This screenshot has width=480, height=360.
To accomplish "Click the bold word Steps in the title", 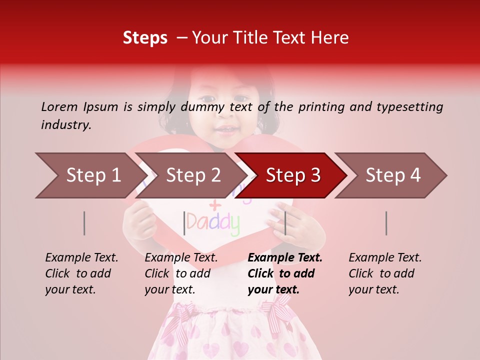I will coord(145,38).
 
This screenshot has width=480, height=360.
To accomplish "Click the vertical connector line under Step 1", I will coord(84,223).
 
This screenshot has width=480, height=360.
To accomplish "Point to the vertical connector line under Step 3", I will coord(285,223).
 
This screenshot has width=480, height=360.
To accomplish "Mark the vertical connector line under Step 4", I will coord(386,223).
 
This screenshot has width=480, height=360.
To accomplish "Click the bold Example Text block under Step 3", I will coord(285,273).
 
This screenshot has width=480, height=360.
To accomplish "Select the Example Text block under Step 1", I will coord(81,273).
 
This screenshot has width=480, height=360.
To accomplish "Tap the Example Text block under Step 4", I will coord(385,273).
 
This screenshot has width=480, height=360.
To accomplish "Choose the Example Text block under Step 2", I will coord(181,273).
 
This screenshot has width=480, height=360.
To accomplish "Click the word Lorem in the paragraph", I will coord(59,106).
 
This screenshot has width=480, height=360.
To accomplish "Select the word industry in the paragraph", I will coord(65,125).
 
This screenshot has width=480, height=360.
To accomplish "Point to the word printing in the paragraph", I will coord(326,106).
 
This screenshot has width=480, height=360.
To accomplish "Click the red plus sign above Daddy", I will coord(214,204).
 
